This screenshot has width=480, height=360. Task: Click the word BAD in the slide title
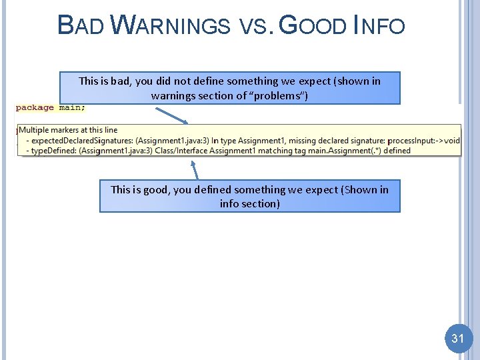point(81,25)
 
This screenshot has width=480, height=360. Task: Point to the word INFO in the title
point(379,25)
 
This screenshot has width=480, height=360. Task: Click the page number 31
point(457,339)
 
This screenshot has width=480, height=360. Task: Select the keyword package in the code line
point(35,107)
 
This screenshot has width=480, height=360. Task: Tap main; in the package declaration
point(72,107)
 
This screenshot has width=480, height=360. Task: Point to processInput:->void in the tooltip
point(423,140)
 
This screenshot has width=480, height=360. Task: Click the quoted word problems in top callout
point(279,96)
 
